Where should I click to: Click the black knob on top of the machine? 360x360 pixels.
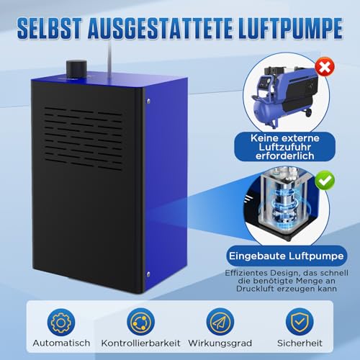click(75, 68)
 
